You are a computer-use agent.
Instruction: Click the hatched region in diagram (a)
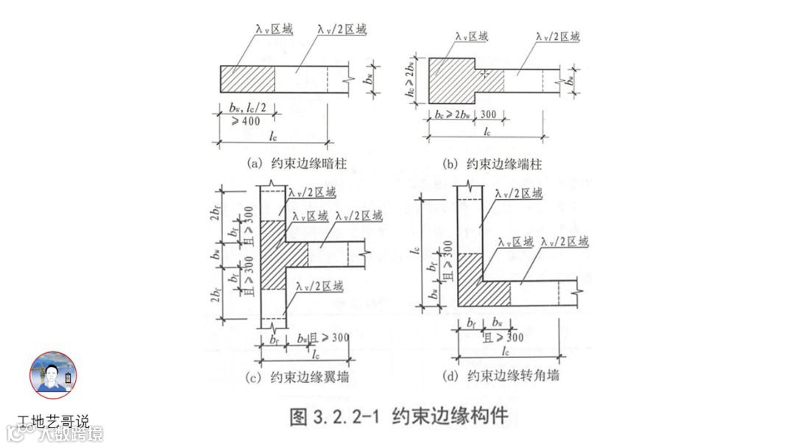pyautogui.click(x=247, y=79)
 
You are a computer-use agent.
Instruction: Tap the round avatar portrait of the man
pyautogui.click(x=53, y=375)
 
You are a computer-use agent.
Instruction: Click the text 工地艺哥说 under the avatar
pyautogui.click(x=53, y=422)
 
